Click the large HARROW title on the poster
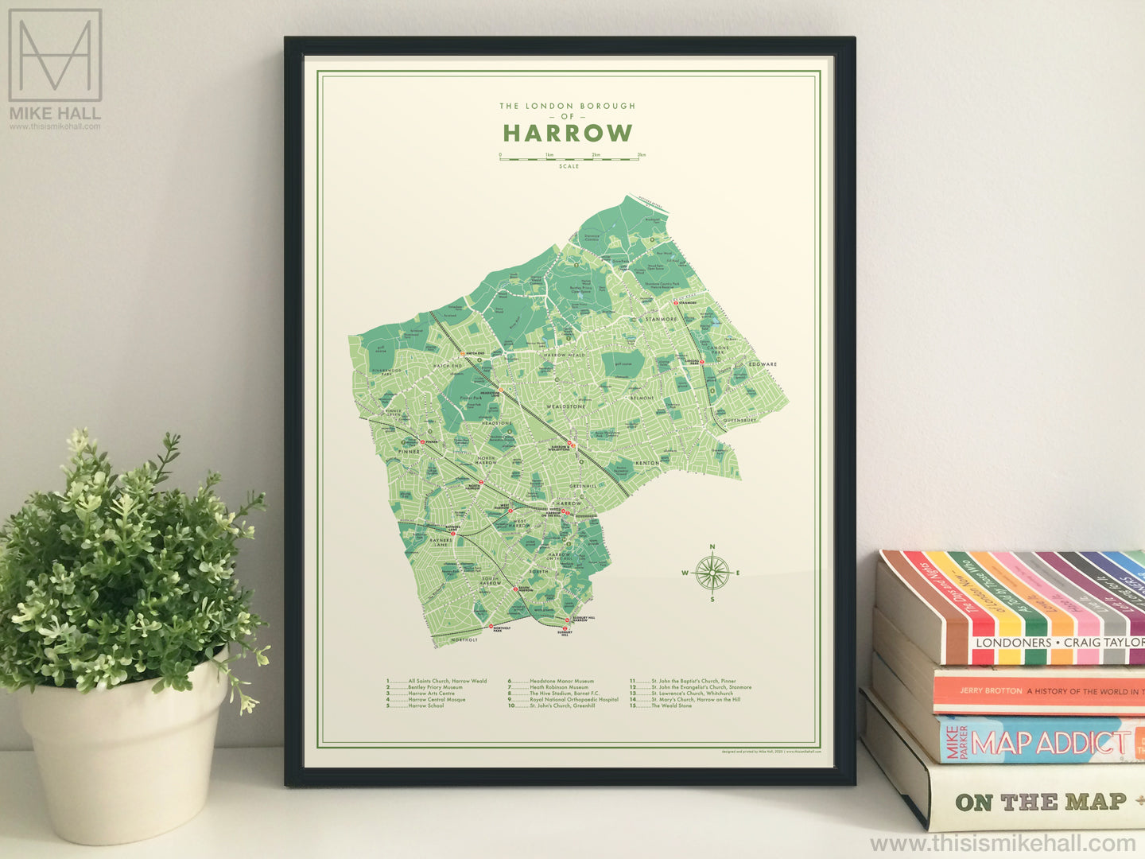(568, 133)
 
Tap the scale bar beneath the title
(569, 158)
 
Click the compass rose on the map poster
(712, 573)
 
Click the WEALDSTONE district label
(565, 406)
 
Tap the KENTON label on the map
(647, 462)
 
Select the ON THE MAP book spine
(1042, 802)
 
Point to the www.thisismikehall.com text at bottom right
(1003, 843)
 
